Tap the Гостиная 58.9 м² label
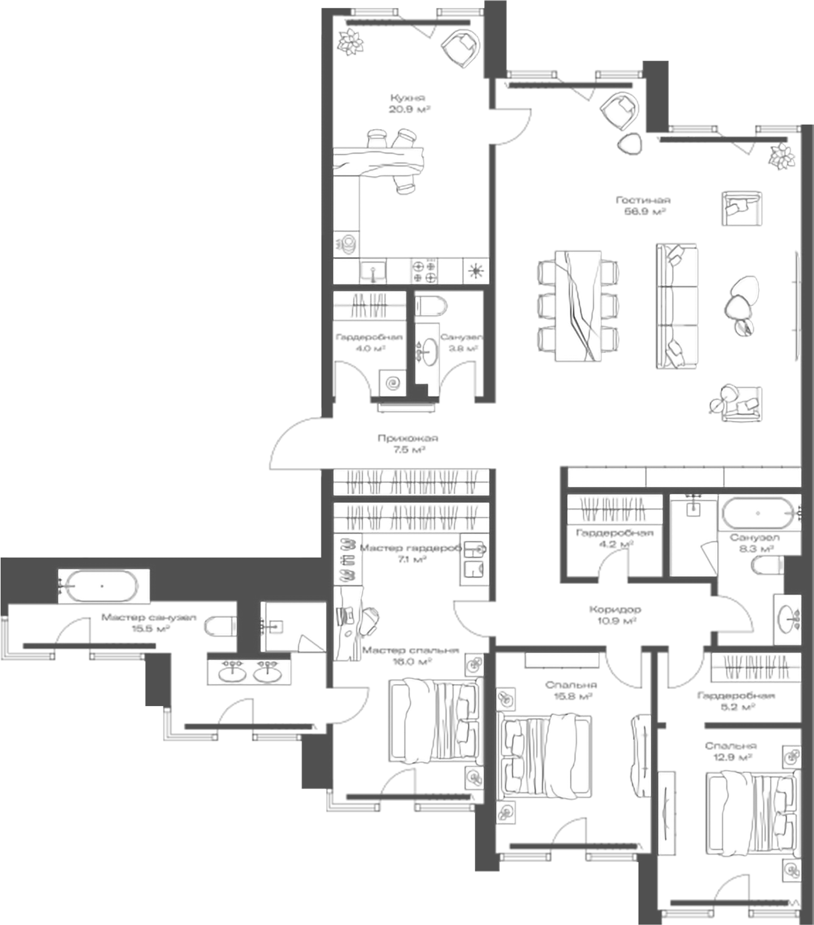point(642,206)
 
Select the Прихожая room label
point(408,444)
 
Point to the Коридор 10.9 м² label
point(615,615)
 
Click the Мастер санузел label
point(140,622)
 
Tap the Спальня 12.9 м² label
point(730,751)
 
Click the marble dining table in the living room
point(577,305)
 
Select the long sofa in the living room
point(677,306)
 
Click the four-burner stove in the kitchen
point(424,271)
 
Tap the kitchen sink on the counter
point(373,272)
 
